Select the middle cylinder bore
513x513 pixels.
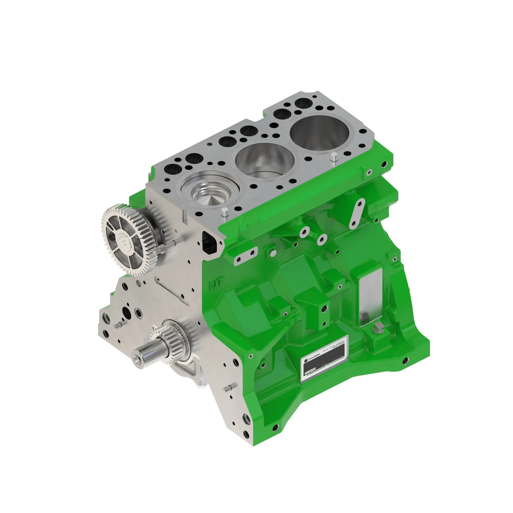pyautogui.click(x=265, y=161)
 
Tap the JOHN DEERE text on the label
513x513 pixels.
pyautogui.click(x=314, y=357)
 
